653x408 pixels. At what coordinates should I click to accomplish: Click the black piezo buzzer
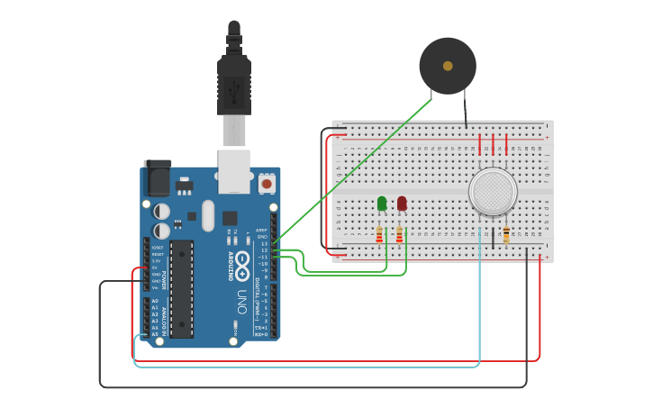[448, 65]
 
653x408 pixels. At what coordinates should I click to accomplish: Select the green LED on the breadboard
[382, 204]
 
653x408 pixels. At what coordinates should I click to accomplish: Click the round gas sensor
[494, 192]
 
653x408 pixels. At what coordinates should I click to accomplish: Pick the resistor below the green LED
[379, 236]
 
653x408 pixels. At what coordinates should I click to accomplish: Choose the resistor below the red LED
[399, 236]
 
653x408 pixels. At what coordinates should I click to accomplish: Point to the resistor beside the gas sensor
[506, 235]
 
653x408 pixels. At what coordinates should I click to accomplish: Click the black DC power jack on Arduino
[157, 177]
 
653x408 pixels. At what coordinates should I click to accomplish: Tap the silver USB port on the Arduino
[234, 170]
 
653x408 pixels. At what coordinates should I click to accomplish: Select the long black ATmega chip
[181, 288]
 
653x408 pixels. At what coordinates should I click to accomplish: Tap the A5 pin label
[154, 334]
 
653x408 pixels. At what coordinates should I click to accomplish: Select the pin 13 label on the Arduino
[264, 243]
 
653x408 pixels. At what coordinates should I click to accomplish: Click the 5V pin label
[155, 267]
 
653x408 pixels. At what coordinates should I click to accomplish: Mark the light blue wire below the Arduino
[306, 367]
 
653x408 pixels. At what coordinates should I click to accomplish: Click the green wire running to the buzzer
[360, 170]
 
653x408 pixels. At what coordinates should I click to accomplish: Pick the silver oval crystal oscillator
[209, 215]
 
